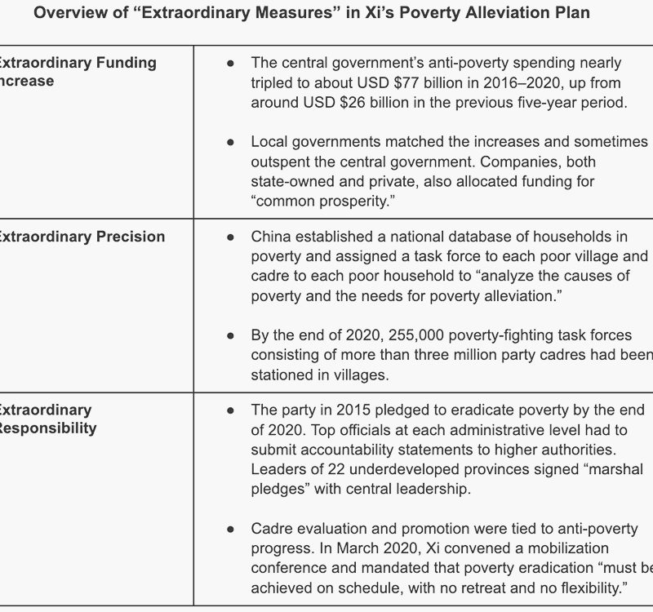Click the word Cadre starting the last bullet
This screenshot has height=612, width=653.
point(270,528)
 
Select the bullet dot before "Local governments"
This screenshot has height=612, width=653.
point(231,142)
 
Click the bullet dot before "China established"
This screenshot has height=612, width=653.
point(231,237)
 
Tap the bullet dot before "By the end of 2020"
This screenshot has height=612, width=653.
point(231,335)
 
